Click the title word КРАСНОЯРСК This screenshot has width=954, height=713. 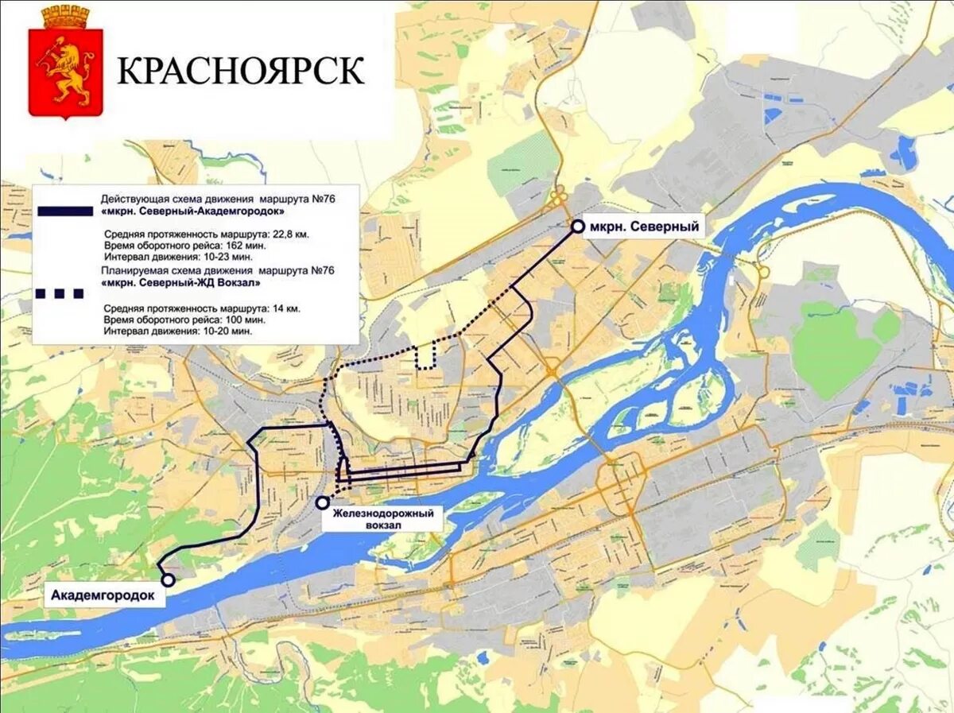point(242,71)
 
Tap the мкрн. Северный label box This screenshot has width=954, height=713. point(645,227)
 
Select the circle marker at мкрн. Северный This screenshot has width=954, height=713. point(578,227)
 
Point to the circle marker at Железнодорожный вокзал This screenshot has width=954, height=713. point(322,502)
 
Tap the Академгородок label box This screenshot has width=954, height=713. point(103,595)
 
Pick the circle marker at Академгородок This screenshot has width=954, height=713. point(168,580)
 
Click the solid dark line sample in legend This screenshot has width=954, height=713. point(64,211)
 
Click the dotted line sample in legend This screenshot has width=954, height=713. point(60,293)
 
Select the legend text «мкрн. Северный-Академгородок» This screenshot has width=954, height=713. point(193,212)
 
